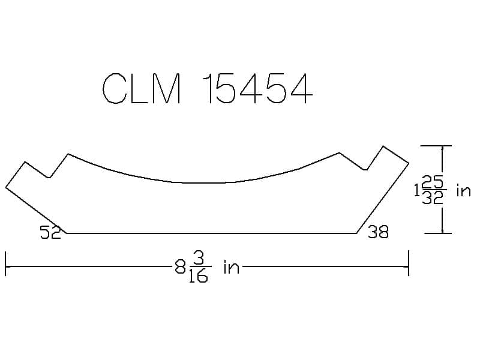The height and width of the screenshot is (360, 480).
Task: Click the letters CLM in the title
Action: [x=142, y=89]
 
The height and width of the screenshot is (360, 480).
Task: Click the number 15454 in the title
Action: [x=258, y=89]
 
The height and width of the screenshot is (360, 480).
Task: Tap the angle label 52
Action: [x=51, y=232]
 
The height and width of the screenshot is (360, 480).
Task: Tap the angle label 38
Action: [x=379, y=232]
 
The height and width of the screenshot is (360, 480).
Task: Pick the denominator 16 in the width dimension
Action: [x=199, y=275]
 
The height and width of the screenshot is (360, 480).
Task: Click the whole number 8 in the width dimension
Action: [x=181, y=268]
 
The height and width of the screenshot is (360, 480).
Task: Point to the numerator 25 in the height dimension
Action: [x=432, y=184]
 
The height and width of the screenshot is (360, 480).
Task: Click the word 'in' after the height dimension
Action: [x=463, y=191]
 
